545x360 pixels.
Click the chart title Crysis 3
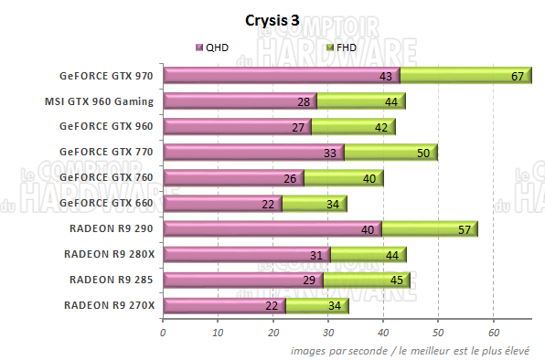pyautogui.click(x=272, y=19)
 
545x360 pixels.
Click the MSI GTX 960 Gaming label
pyautogui.click(x=98, y=101)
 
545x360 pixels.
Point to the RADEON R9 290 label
pyautogui.click(x=112, y=228)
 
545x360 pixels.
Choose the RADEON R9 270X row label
pyautogui.click(x=110, y=304)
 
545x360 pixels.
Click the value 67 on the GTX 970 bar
pyautogui.click(x=518, y=77)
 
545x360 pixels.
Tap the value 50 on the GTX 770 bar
pyautogui.click(x=422, y=153)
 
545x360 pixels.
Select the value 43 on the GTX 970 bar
pyautogui.click(x=385, y=77)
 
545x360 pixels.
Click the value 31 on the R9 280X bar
pyautogui.click(x=315, y=255)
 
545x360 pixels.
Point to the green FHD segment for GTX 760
pyautogui.click(x=345, y=177)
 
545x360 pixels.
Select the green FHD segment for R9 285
pyautogui.click(x=366, y=280)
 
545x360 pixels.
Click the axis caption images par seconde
pyautogui.click(x=417, y=350)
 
